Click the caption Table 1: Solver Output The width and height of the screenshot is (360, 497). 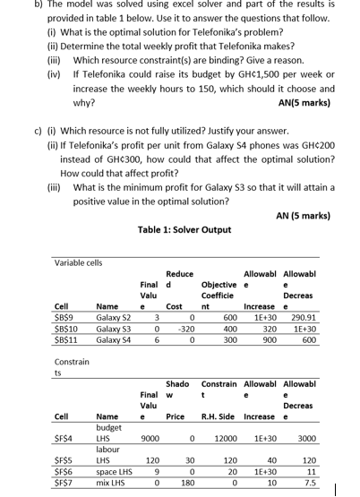coord(184,229)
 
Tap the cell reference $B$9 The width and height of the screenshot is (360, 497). coord(64,319)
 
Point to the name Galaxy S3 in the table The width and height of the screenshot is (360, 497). coord(114,330)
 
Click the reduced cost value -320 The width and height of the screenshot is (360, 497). coord(185,330)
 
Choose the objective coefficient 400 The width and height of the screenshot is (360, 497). coord(229,330)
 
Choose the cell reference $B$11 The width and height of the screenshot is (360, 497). coord(65,340)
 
